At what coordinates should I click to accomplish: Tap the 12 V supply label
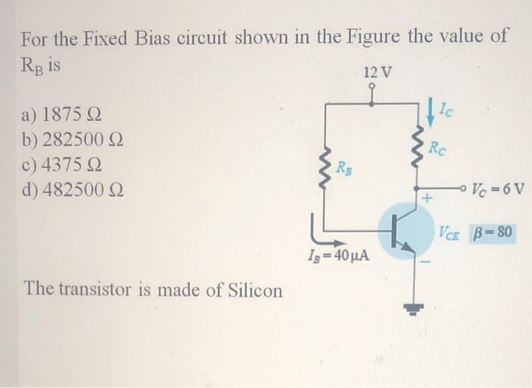click(378, 74)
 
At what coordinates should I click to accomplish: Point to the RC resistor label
click(438, 148)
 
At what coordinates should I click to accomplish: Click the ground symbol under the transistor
click(416, 308)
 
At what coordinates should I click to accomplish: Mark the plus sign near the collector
click(427, 199)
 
